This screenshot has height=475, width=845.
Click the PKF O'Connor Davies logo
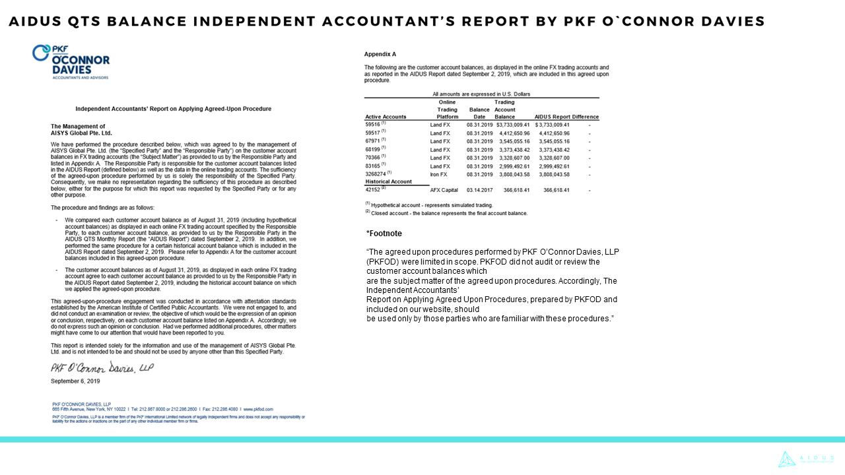(71, 61)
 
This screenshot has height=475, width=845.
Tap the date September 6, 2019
(75, 381)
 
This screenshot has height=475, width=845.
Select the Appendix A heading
(380, 53)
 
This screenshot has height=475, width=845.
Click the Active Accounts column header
(386, 117)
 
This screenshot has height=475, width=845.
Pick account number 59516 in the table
(373, 124)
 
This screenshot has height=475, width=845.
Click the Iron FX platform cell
(439, 175)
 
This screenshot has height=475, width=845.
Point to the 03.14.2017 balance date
(479, 190)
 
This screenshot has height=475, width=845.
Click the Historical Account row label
(388, 181)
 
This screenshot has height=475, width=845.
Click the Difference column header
(585, 117)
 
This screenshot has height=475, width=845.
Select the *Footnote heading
(384, 234)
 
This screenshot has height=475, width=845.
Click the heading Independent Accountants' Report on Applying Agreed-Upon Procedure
(173, 108)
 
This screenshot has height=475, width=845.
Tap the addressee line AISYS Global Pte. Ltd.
(81, 133)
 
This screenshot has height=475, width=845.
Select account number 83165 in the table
(373, 166)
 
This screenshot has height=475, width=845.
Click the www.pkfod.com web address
(259, 409)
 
